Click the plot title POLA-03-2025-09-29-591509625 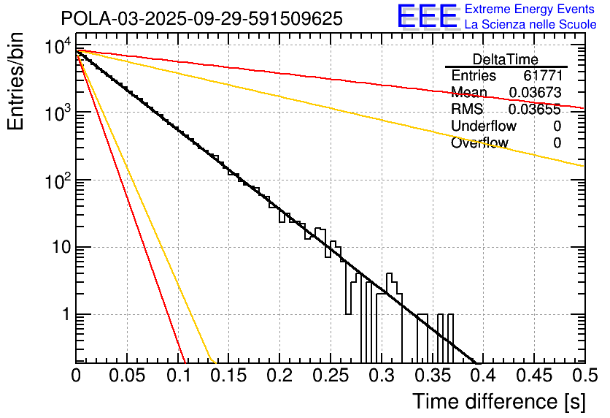coord(201,19)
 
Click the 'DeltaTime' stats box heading coord(506,59)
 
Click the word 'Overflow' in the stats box coord(479,143)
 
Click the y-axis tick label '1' coord(65,315)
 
